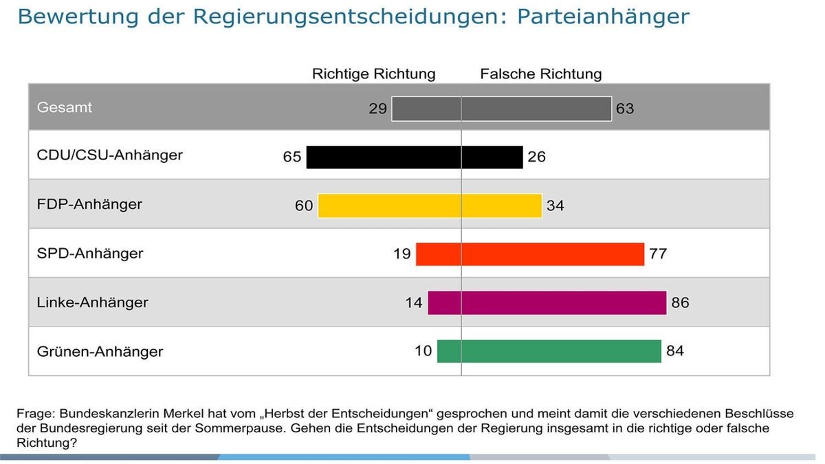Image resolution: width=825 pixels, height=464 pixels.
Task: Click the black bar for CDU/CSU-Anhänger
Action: [414, 157]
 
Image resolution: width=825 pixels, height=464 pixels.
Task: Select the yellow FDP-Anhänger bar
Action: [430, 206]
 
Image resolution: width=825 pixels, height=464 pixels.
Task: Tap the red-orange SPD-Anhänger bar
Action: [529, 254]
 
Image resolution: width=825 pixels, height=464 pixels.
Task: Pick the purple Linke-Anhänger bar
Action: [547, 302]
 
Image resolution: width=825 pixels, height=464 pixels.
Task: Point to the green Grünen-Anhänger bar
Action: [549, 351]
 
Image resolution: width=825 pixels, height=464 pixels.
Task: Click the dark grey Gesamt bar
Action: [501, 109]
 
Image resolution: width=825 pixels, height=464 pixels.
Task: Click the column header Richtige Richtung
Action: [373, 74]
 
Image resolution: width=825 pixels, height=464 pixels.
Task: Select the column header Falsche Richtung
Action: [540, 74]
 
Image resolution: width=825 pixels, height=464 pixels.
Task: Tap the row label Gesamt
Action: [64, 108]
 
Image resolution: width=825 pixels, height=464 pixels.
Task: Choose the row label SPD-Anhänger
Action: [89, 254]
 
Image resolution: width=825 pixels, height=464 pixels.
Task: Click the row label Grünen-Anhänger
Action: [100, 351]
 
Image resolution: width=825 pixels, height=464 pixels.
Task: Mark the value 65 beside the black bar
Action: [291, 157]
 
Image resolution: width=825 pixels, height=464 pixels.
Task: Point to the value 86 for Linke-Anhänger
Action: [680, 302]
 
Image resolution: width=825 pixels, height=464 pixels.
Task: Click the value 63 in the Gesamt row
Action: [624, 109]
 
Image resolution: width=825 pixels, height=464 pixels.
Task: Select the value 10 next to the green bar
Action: [423, 351]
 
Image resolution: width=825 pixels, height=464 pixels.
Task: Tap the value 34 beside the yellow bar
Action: [555, 206]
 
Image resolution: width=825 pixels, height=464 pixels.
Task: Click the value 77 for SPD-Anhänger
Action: [657, 254]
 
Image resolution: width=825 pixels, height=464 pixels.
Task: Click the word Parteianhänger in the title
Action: [602, 16]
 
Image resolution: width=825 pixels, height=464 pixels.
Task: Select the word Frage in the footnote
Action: [34, 414]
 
